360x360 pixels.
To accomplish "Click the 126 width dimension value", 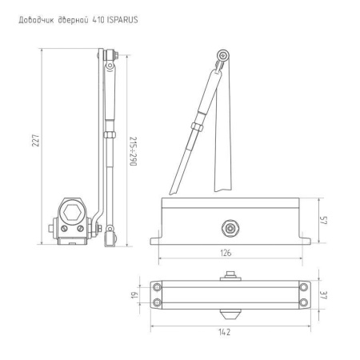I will (226, 253).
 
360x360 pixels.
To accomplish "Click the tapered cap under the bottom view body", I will (230, 308).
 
